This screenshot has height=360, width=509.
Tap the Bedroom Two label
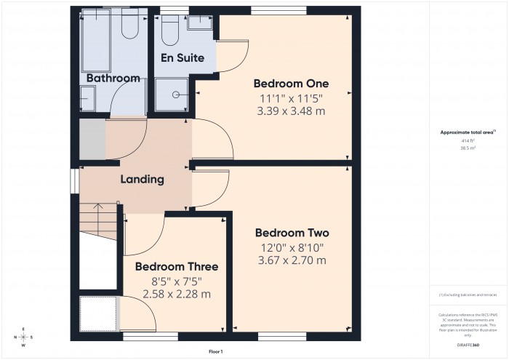[292, 233]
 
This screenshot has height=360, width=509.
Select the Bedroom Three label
[176, 267]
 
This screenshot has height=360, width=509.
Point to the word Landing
[142, 180]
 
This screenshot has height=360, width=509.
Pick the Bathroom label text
[113, 78]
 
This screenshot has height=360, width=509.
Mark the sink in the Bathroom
[88, 96]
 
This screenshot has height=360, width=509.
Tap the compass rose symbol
[24, 337]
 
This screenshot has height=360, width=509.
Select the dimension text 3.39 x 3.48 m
[289, 111]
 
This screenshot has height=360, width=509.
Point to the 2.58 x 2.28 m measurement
[176, 294]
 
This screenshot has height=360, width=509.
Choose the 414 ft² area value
[467, 140]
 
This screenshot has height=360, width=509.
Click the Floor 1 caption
[215, 351]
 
